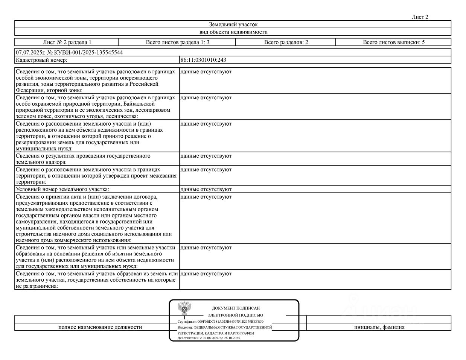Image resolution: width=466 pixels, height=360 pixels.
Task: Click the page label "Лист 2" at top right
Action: point(420,17)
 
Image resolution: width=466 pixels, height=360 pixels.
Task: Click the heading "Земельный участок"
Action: point(233,24)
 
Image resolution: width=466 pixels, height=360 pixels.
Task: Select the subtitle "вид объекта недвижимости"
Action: point(233,32)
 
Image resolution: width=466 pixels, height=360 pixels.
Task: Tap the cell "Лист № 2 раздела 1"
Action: point(67,42)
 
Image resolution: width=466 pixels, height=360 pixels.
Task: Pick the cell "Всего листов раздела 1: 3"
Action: point(177,42)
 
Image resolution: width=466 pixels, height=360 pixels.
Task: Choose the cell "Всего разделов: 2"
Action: point(286,42)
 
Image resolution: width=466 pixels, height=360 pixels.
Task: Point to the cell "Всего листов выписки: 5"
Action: point(393,42)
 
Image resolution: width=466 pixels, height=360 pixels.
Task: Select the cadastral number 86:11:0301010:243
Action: point(203,60)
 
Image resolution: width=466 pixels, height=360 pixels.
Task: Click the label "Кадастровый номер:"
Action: point(41,60)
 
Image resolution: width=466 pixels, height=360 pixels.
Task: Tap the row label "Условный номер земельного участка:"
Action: point(62,189)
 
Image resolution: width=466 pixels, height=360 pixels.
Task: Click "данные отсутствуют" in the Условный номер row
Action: point(206,189)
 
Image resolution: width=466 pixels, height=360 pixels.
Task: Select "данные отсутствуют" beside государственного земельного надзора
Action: point(206,156)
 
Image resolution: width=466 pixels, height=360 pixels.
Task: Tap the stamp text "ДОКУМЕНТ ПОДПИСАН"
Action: point(236,308)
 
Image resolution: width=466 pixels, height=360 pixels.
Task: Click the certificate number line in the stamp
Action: point(221,322)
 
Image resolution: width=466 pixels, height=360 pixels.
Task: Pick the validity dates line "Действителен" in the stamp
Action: point(209,338)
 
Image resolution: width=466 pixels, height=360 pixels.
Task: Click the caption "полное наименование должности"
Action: point(100,327)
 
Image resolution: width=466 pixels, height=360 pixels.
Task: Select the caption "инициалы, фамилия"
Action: point(379,327)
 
